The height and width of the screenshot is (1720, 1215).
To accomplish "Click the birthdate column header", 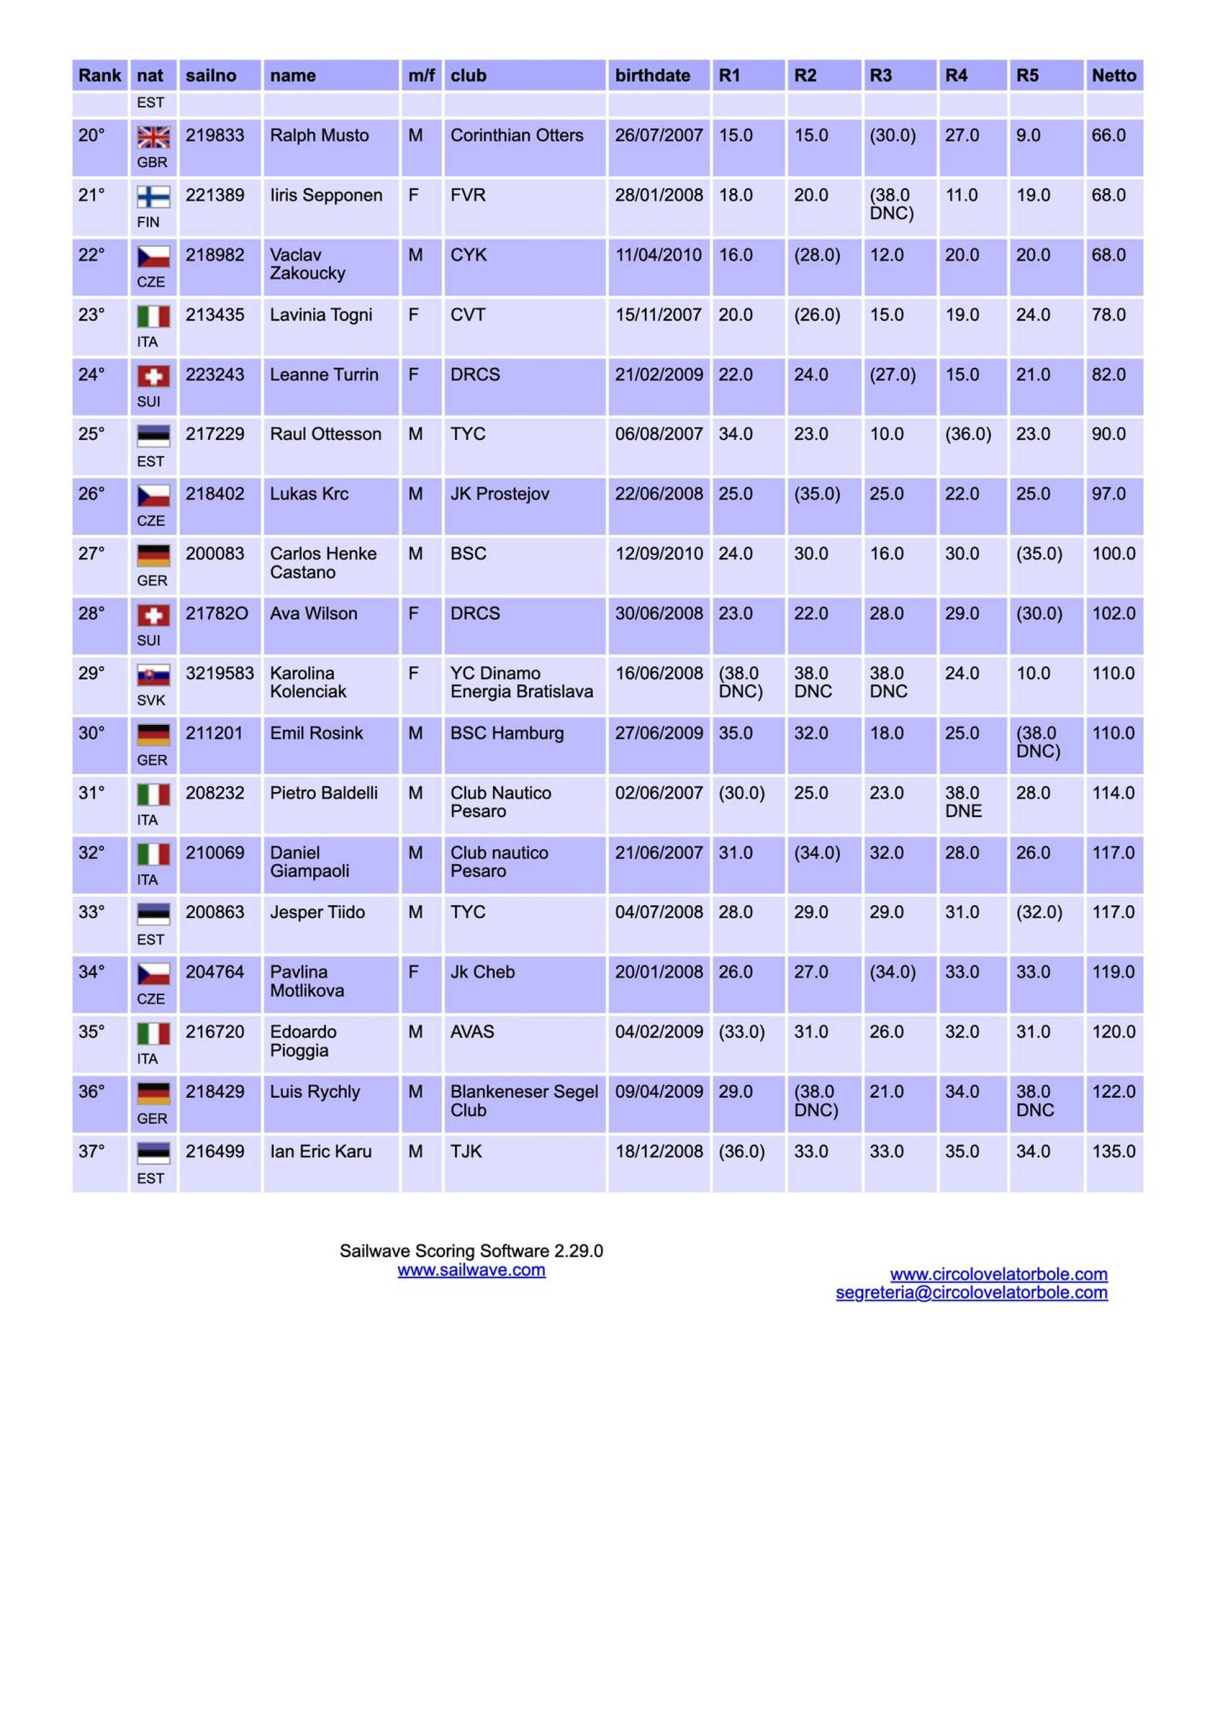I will pos(652,76).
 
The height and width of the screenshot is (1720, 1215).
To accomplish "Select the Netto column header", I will pos(1113,76).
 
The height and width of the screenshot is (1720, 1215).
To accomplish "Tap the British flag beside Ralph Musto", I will pos(153,137).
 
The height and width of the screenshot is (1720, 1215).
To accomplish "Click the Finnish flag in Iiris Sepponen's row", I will pos(153,197).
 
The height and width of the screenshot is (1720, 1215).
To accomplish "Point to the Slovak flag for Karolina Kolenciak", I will pos(153,675).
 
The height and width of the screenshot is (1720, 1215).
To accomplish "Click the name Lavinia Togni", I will pos(321,315).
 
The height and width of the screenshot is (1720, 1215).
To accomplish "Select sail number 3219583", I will pos(220,674).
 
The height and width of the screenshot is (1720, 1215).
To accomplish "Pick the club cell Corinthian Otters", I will pos(516,135).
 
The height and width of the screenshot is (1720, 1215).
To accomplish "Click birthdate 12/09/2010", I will pos(658,554).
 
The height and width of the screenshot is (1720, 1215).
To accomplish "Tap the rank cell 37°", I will pos(91,1152).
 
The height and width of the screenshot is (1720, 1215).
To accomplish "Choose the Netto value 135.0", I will pos(1113,1152).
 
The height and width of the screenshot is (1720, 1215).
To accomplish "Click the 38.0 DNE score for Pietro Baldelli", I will pos(963,801).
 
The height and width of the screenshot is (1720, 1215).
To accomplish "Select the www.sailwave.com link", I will pos(471,1270).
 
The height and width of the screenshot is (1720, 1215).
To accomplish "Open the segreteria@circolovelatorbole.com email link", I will pos(971,1292).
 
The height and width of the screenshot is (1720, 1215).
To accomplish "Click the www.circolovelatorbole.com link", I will pos(998,1274).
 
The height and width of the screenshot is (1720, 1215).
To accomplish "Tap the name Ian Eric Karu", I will pos(321,1152).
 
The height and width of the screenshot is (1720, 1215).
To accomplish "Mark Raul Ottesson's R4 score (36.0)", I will pos(968,434).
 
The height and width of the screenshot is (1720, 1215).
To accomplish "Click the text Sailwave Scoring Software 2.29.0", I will pos(471,1251).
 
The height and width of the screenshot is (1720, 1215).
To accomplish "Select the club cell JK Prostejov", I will pos(500,494).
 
